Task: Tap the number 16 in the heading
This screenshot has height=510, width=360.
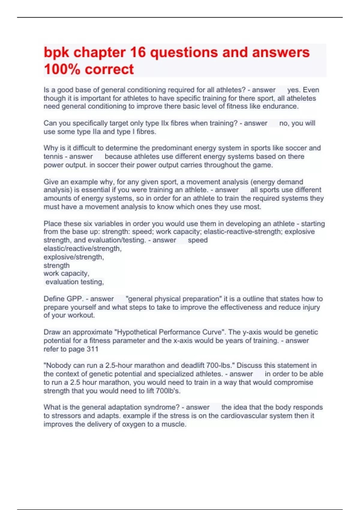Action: (138, 52)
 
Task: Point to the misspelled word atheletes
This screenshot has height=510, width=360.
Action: (301, 98)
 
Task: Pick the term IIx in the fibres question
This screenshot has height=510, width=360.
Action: (165, 123)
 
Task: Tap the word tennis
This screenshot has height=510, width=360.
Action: (53, 157)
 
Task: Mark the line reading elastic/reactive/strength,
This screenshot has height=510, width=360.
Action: (82, 249)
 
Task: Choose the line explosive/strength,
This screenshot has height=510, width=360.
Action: (74, 257)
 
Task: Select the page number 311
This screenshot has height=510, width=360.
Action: (92, 349)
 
